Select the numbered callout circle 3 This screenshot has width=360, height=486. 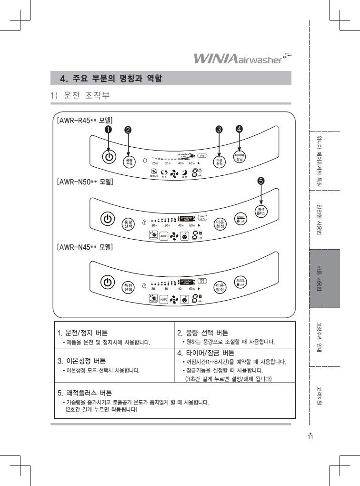(219, 129)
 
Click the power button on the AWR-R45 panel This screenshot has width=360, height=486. (109, 157)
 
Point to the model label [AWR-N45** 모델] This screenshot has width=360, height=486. (84, 248)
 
